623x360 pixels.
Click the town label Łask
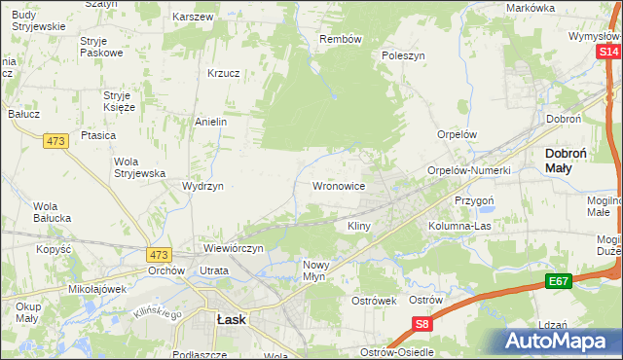231,318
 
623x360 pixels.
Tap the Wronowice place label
338,185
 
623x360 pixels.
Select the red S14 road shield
609,52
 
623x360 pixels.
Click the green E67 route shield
558,281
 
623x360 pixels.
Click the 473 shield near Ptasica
55,141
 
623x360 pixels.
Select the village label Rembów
341,39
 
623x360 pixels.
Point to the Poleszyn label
404,56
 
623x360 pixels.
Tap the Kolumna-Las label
459,226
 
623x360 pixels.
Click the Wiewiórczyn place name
234,248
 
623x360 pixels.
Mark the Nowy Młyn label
322,270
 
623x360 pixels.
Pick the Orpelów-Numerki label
469,170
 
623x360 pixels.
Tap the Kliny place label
359,226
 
